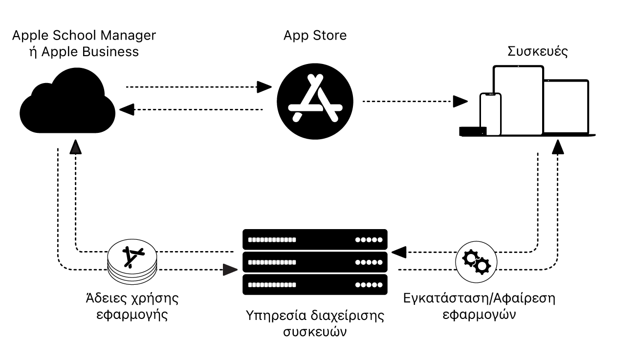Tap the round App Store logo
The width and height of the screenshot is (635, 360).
(315, 101)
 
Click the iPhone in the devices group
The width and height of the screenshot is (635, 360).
(490, 114)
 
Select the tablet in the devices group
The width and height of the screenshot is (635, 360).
(518, 100)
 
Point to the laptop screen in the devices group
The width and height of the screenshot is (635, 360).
(567, 106)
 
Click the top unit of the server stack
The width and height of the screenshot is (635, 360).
(315, 240)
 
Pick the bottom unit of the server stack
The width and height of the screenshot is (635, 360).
(315, 285)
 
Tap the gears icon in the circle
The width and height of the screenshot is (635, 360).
(476, 262)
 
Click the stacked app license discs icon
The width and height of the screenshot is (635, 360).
(132, 262)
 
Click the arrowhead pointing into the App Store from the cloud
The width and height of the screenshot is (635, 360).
(264, 87)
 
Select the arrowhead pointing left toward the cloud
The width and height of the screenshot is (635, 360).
(127, 109)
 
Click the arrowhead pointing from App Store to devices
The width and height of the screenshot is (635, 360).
(460, 102)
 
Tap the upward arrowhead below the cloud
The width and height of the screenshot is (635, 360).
(76, 147)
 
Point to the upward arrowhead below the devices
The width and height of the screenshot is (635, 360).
(558, 147)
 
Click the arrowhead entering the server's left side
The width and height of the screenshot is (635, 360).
(230, 270)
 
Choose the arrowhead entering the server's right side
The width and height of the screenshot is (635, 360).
(399, 252)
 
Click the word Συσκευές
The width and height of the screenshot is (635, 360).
(538, 52)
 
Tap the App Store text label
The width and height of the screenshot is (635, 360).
(315, 35)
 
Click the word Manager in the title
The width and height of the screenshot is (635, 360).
(128, 36)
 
